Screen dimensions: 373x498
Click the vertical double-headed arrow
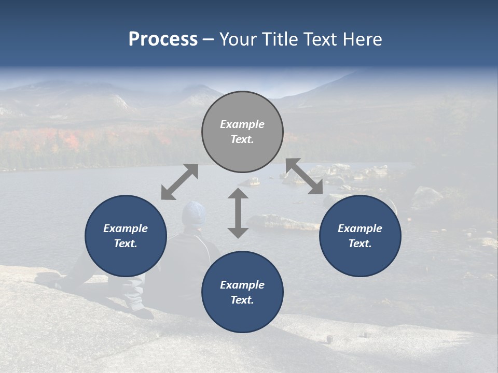click(238, 213)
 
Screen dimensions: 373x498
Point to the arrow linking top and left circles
click(179, 182)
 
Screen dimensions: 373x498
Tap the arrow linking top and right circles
click(304, 176)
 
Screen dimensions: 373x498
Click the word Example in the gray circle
click(242, 124)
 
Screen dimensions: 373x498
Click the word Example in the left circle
click(126, 228)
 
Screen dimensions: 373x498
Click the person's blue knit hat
click(194, 212)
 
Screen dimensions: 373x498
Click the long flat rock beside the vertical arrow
click(285, 223)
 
